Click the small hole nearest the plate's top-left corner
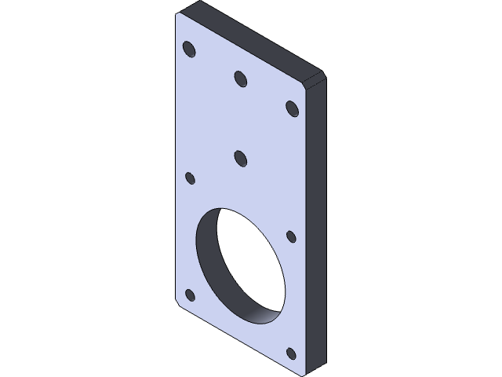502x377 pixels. tap(189, 49)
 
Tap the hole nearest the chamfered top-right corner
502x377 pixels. tap(292, 107)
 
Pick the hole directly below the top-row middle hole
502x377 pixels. tap(241, 159)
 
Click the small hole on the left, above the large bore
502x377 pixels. tap(189, 178)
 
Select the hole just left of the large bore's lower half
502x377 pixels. tap(189, 295)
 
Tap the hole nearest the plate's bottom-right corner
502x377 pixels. tap(291, 353)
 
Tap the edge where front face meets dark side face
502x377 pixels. tap(304, 228)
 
